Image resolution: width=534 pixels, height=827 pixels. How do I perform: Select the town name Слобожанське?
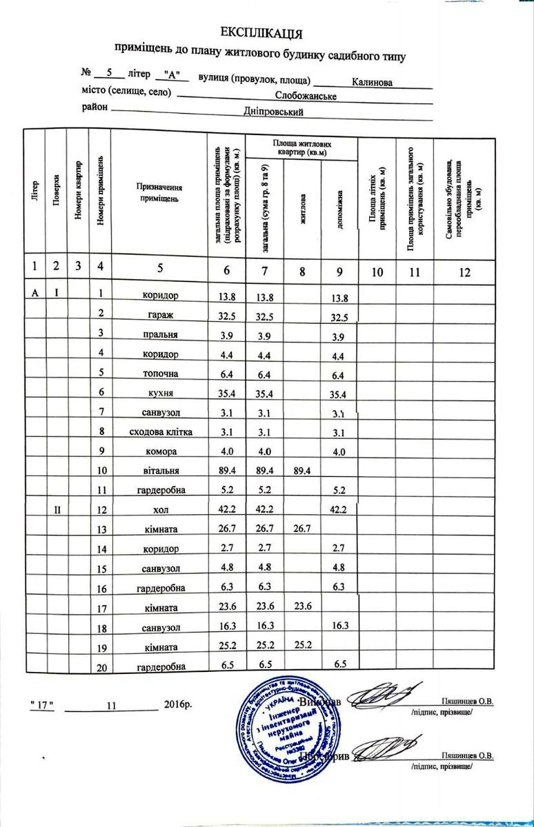pyautogui.click(x=306, y=96)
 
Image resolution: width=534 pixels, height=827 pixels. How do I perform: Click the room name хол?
pyautogui.click(x=159, y=511)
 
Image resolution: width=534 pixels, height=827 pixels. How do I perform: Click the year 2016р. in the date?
pyautogui.click(x=179, y=704)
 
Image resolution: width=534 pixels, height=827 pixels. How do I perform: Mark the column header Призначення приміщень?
pyautogui.click(x=159, y=193)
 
